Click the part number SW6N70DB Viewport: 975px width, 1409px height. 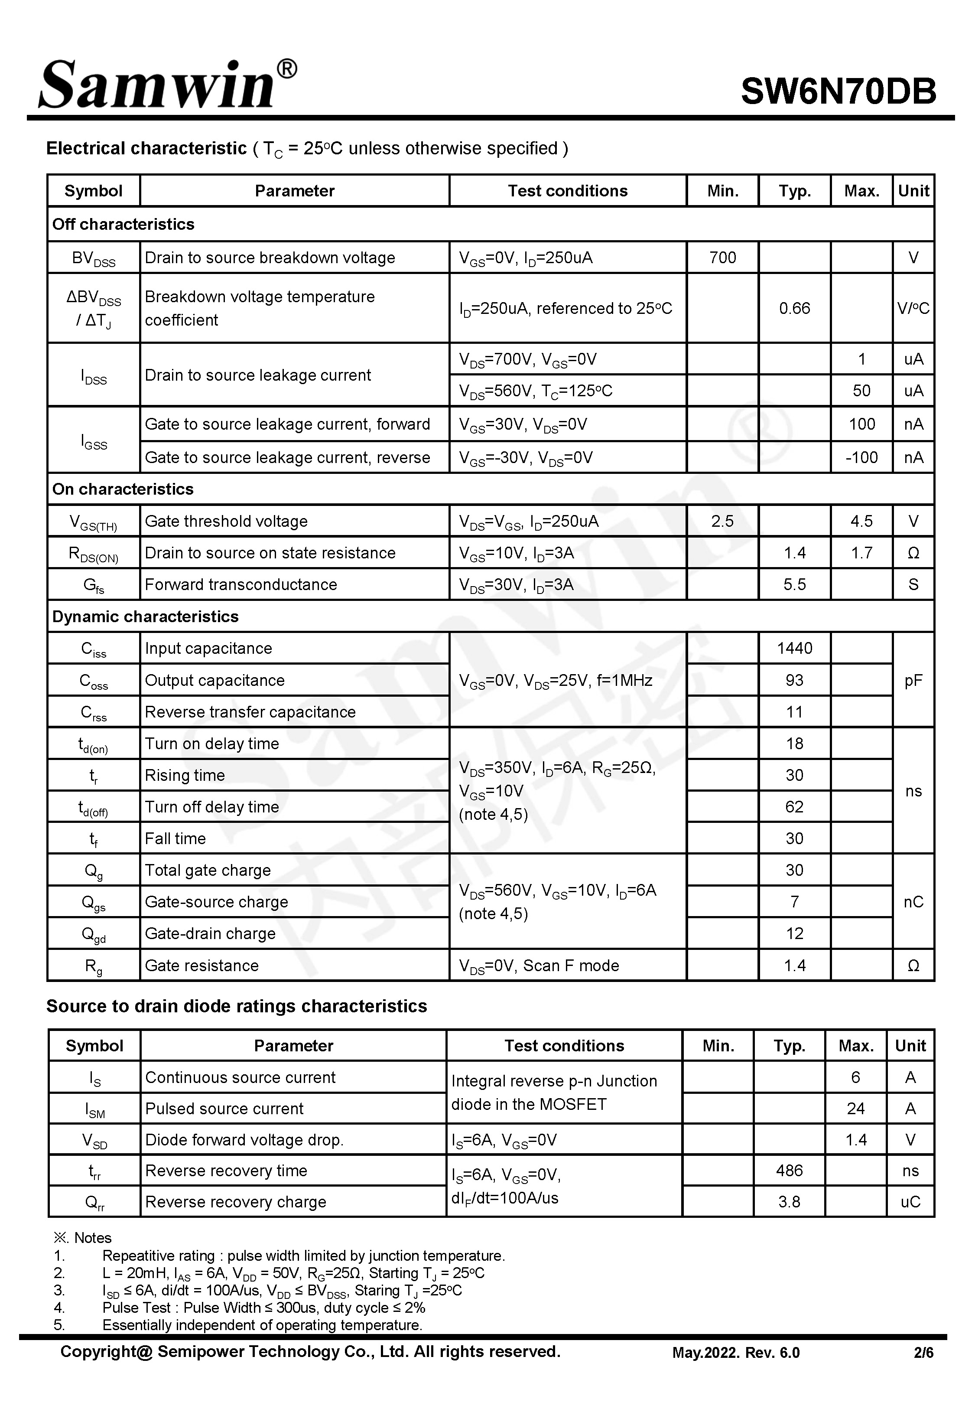(838, 91)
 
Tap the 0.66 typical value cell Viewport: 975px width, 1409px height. (794, 308)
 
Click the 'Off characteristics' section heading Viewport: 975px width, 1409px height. (123, 224)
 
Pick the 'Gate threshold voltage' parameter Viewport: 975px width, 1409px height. (226, 521)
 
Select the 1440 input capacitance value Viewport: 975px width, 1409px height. (794, 648)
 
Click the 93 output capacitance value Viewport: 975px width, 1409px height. (794, 680)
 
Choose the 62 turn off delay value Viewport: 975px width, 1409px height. (794, 806)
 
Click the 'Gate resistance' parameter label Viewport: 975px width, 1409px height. (201, 965)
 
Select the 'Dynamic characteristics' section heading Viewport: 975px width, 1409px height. (146, 616)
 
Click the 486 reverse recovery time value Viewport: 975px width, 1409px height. (789, 1171)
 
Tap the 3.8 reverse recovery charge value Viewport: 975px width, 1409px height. (789, 1202)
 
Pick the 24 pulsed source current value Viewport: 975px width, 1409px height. (855, 1109)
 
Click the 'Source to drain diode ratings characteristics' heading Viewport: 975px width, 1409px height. (237, 1006)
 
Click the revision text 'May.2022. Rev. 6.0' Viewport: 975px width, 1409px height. (735, 1353)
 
